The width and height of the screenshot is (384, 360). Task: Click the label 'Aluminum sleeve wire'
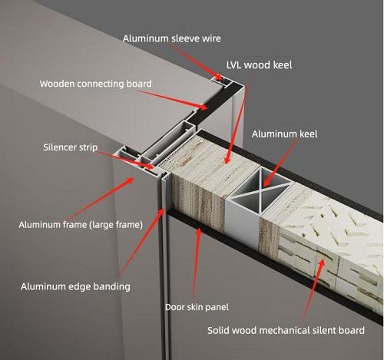click(x=171, y=38)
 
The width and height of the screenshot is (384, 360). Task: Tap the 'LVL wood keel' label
click(x=259, y=65)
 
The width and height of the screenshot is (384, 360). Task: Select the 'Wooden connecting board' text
click(x=96, y=84)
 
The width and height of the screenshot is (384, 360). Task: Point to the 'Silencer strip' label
click(x=71, y=147)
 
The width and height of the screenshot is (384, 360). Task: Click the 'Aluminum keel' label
click(x=284, y=134)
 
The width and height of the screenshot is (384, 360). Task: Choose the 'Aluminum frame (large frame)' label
click(x=81, y=225)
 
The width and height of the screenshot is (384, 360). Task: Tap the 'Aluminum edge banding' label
click(x=75, y=286)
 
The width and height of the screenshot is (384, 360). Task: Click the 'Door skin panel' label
click(x=197, y=307)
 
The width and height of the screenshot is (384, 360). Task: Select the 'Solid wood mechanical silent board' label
click(x=286, y=330)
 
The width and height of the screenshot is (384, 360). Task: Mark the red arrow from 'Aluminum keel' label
click(x=280, y=162)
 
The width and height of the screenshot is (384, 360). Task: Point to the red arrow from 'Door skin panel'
click(x=197, y=263)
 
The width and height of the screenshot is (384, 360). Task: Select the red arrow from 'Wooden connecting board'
click(x=174, y=100)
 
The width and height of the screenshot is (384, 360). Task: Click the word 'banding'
click(x=111, y=286)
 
